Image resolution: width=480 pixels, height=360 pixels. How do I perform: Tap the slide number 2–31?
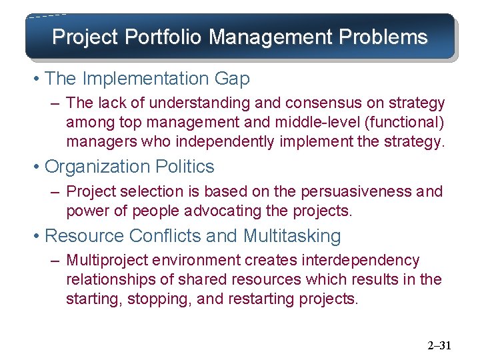pyautogui.click(x=439, y=345)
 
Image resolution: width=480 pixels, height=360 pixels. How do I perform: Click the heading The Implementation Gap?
pyautogui.click(x=147, y=79)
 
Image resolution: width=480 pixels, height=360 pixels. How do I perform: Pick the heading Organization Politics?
pyautogui.click(x=129, y=166)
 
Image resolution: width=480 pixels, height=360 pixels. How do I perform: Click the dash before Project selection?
pyautogui.click(x=56, y=192)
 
